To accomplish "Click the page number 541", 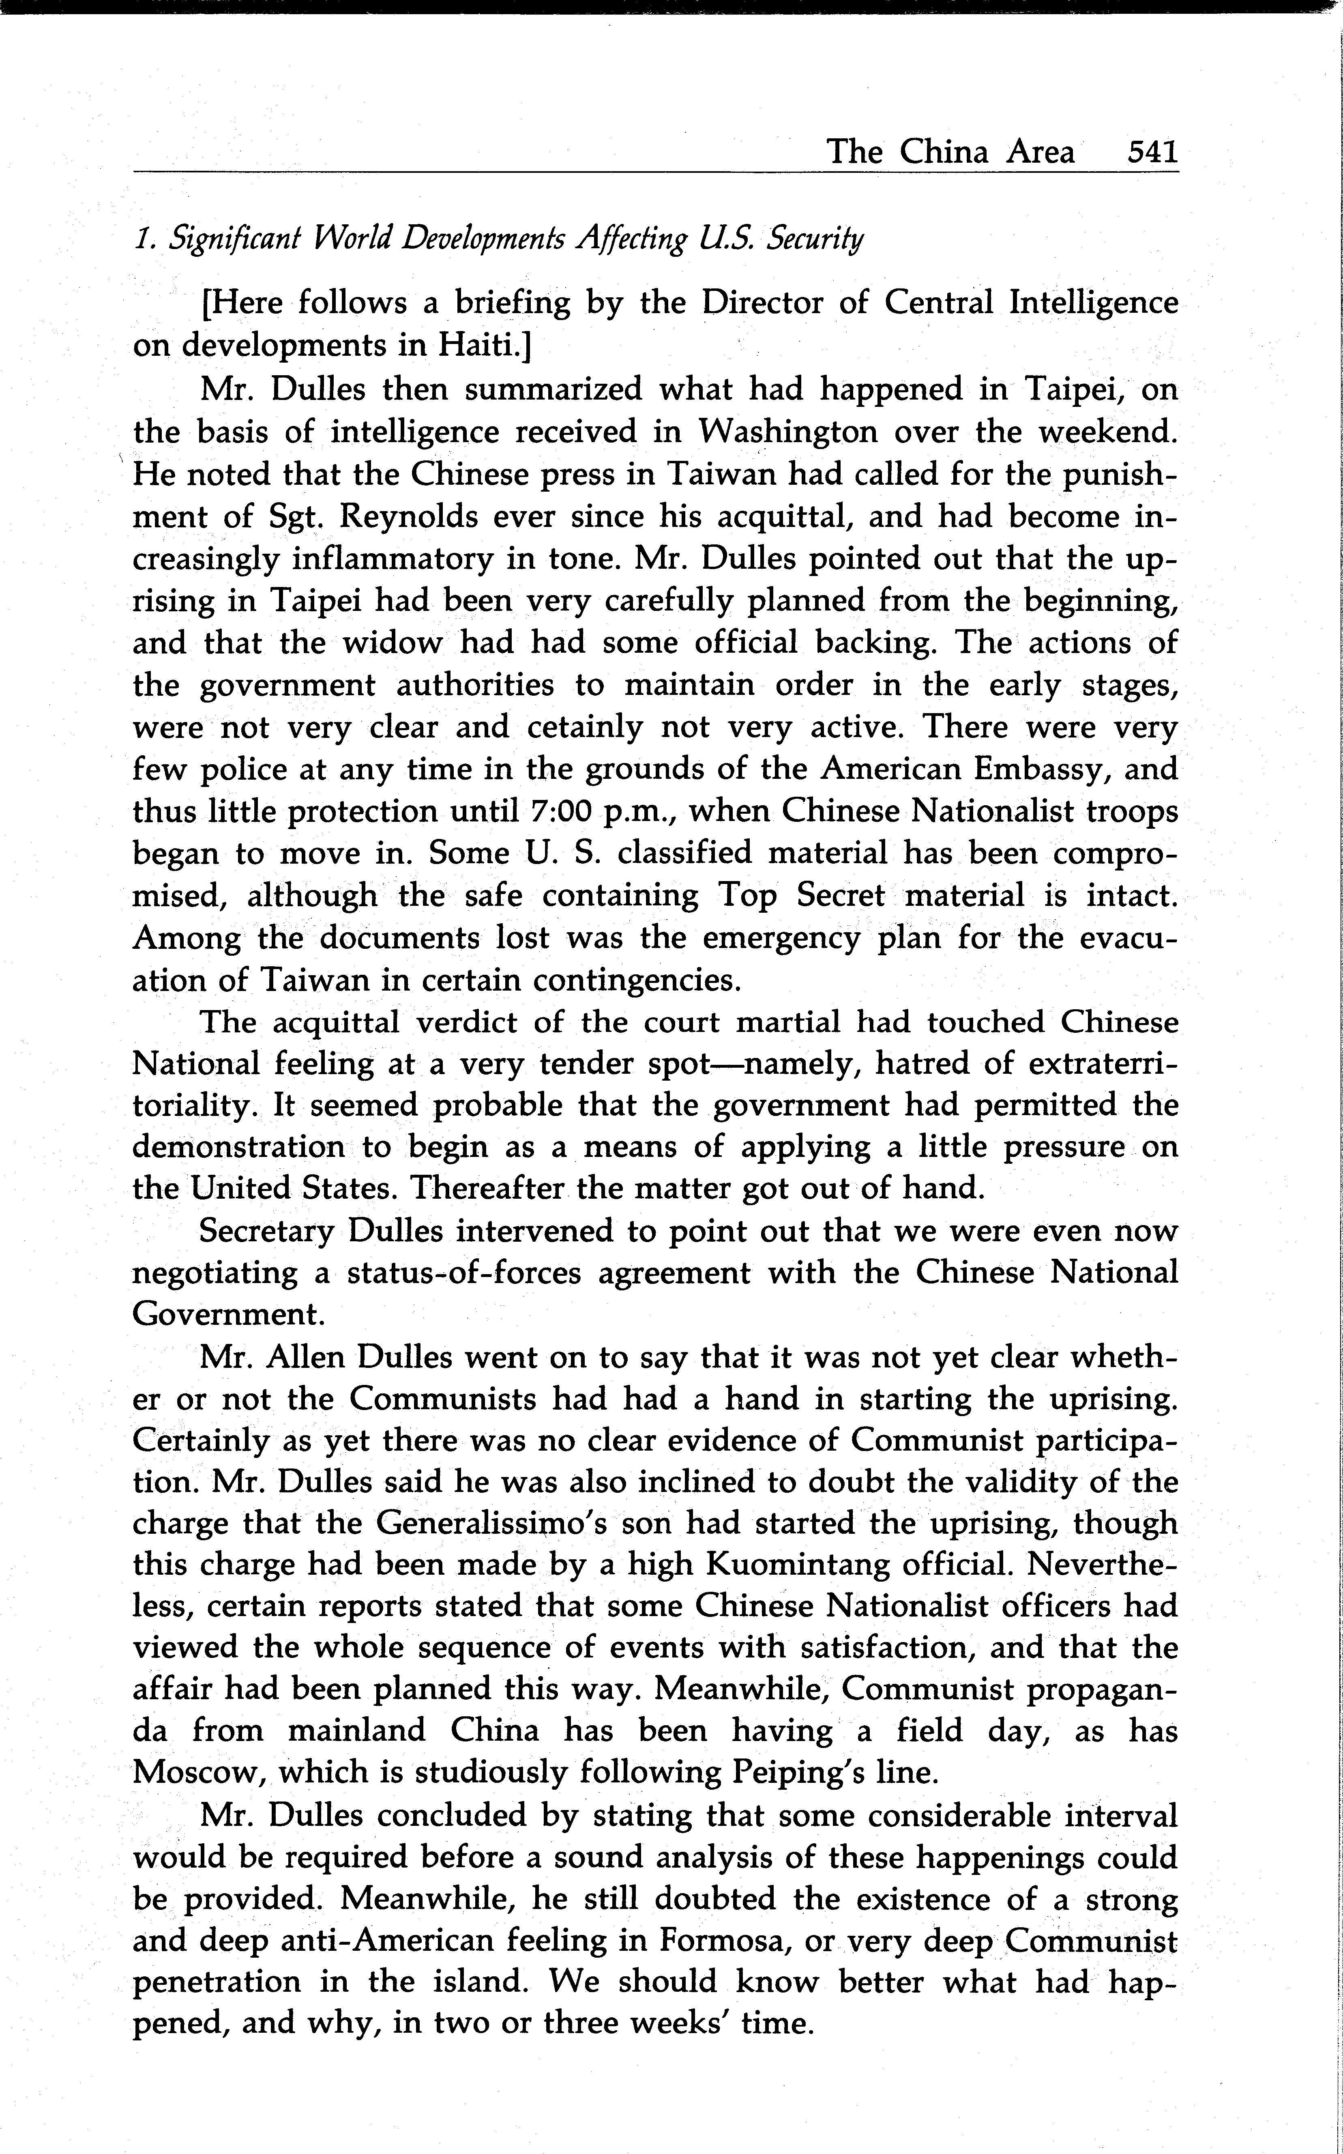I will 1152,152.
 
